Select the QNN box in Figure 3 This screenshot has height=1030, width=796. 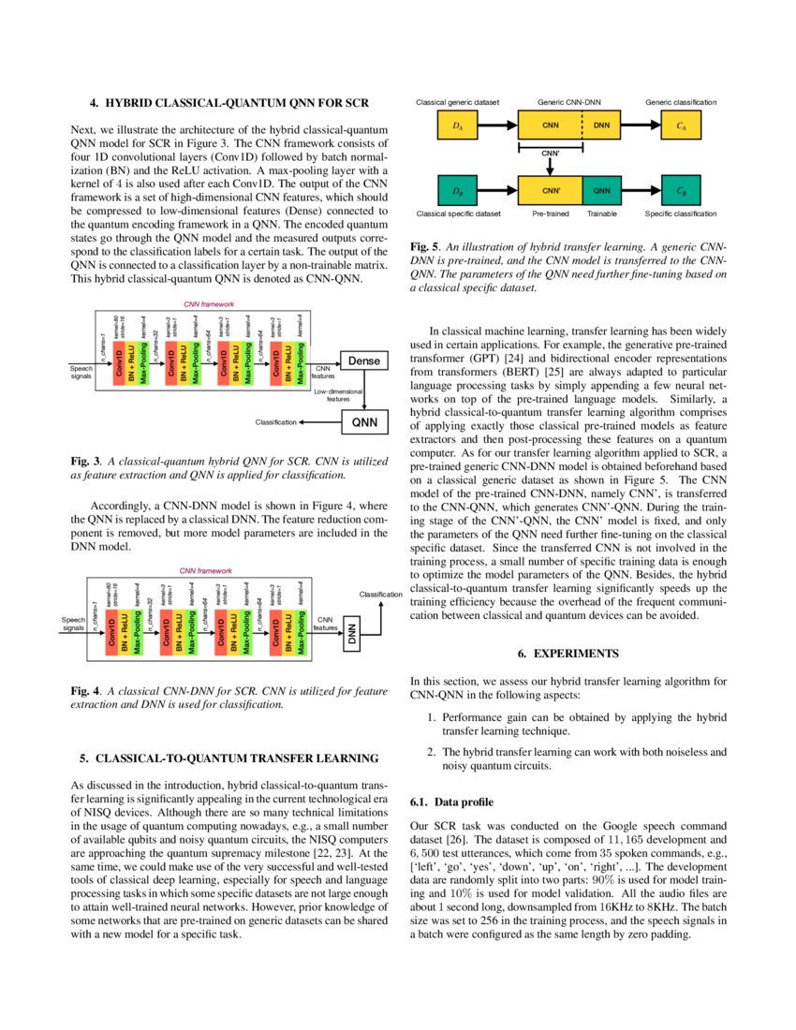coord(365,422)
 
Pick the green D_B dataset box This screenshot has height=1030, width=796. coord(457,191)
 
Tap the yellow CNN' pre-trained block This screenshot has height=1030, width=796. coord(551,191)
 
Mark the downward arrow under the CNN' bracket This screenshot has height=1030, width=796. coord(551,165)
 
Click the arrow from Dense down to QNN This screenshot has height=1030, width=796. coord(365,390)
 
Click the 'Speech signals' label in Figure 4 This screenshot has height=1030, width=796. coord(74,625)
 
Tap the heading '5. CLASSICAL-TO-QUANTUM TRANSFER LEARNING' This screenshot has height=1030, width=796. coord(228,758)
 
